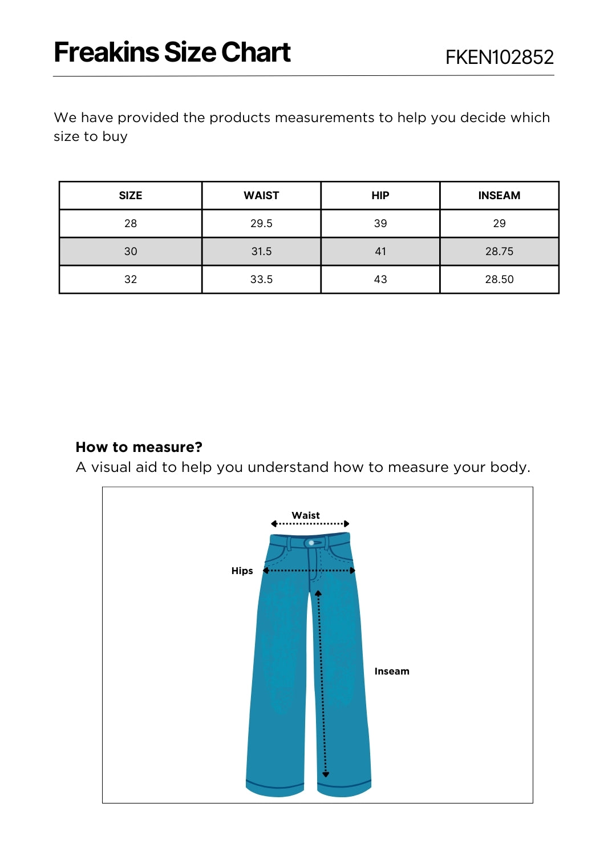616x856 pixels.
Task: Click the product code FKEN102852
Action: click(499, 57)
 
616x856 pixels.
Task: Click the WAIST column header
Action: click(261, 195)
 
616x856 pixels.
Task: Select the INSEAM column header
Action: click(499, 195)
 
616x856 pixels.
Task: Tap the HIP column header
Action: click(380, 195)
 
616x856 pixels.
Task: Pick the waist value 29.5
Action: click(261, 223)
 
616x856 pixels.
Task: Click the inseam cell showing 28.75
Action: click(499, 251)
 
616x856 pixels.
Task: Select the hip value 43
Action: click(380, 279)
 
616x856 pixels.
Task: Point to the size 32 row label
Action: click(131, 279)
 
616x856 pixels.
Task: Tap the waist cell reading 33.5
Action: click(261, 279)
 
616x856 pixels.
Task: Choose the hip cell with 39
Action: click(380, 223)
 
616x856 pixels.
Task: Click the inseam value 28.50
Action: click(499, 279)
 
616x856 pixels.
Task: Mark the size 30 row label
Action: click(131, 251)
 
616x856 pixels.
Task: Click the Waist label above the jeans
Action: click(306, 515)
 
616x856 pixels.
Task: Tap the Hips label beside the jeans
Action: click(242, 571)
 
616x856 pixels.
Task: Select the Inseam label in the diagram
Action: click(392, 671)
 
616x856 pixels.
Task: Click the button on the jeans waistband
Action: click(311, 543)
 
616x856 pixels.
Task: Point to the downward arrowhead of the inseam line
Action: click(326, 774)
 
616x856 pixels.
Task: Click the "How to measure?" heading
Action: click(139, 447)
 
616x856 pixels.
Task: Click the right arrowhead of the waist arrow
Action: click(346, 524)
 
